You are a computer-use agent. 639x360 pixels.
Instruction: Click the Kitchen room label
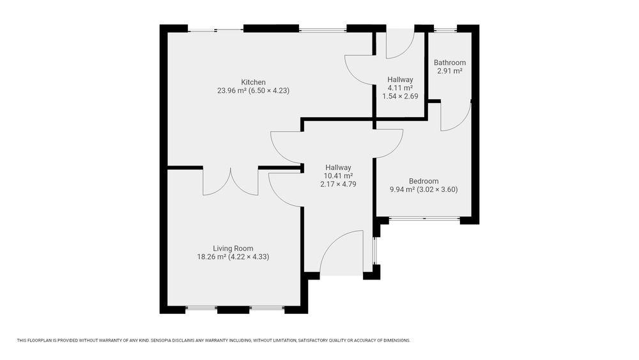[253, 82]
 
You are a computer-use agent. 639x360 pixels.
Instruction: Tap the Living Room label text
[233, 248]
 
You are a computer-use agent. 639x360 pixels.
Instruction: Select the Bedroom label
[424, 181]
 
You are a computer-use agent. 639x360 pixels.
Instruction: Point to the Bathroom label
[449, 63]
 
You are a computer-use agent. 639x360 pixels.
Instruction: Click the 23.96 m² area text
[232, 91]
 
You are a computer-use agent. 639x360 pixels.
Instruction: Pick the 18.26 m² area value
[212, 257]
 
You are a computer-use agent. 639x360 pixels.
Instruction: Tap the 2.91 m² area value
[449, 71]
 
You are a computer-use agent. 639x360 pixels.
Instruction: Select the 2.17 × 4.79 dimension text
[338, 184]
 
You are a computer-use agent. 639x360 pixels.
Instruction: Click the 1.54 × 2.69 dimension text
[400, 97]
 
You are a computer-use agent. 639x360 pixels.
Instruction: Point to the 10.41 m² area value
[338, 176]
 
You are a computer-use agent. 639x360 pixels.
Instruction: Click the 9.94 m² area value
[402, 189]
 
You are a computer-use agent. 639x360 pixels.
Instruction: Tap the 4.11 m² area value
[400, 88]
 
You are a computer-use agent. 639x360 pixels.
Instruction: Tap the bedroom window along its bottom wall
[425, 219]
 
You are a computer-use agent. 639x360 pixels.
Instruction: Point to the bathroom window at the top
[445, 29]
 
